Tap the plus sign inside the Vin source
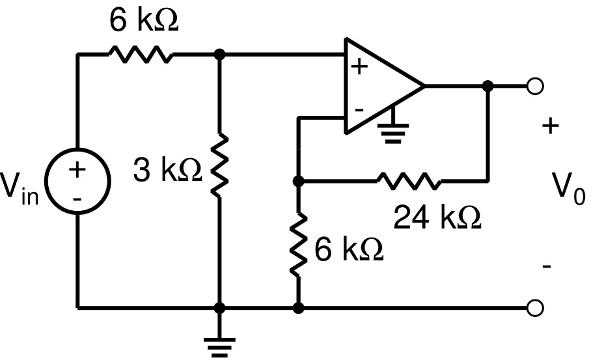pos(77,170)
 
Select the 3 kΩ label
pos(167,171)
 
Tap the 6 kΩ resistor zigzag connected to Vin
pos(139,55)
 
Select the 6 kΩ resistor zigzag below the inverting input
pos(298,245)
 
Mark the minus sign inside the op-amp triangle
pos(359,109)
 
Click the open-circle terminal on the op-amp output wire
pos(535,85)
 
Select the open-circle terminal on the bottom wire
pos(535,307)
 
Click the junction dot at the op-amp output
pos(487,85)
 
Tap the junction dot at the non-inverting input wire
pos(219,55)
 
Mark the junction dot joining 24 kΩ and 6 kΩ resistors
pos(298,182)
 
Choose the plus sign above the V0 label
pos(550,126)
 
